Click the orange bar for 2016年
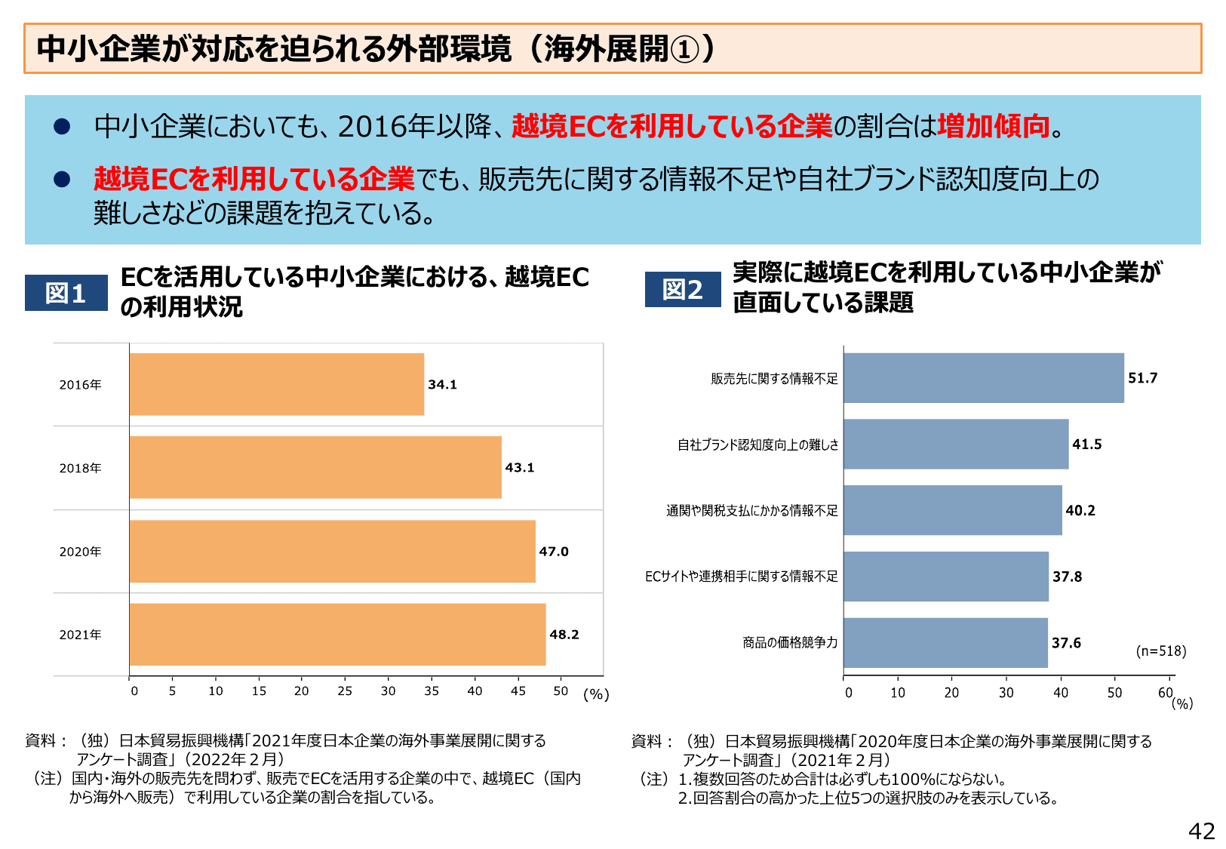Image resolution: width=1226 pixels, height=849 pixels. coord(276,384)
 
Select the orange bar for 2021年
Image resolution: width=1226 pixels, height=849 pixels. coord(337,634)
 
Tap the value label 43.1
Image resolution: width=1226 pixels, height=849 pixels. coord(519,468)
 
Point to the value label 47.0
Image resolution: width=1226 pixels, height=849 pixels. coord(553,552)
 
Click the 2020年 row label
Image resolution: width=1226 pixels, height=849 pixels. coord(80,552)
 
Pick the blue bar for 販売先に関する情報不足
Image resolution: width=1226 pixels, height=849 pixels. coord(983,378)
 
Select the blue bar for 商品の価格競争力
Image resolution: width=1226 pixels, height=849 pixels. coord(945,643)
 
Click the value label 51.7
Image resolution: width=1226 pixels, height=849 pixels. coord(1142,378)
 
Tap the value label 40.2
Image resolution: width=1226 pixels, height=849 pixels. coord(1080,511)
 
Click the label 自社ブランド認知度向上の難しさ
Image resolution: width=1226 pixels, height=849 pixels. coord(757,444)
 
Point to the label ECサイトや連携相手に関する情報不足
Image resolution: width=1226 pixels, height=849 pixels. coord(741,577)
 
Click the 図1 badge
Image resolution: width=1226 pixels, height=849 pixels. coord(66,293)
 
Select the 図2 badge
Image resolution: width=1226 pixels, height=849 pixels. coord(682,290)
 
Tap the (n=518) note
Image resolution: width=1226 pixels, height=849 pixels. coord(1160,651)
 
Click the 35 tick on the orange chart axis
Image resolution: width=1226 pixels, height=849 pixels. coord(432,691)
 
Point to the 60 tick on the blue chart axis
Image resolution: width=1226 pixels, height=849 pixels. coord(1166,692)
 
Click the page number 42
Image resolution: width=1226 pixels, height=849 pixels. coord(1201,831)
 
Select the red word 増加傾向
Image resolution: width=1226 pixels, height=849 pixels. coord(993,126)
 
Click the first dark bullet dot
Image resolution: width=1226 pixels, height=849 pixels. coord(62,126)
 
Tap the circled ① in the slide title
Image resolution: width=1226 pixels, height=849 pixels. coord(685,50)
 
